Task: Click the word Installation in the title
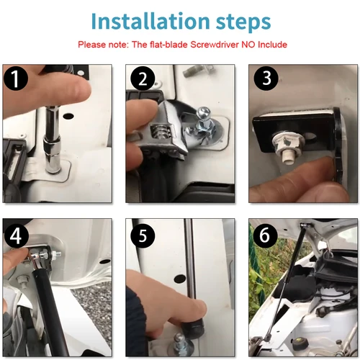(x=150, y=21)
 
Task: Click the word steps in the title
(x=243, y=23)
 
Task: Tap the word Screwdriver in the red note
(x=215, y=45)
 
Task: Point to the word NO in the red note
(x=248, y=45)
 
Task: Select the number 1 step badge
(x=16, y=78)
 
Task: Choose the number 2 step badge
(x=143, y=78)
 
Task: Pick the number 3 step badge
(x=266, y=78)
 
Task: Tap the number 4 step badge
(x=16, y=236)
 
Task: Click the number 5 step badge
(x=143, y=235)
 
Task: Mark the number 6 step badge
(x=265, y=235)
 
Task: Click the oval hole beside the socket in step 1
(x=68, y=117)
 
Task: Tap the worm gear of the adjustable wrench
(x=161, y=132)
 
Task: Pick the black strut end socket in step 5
(x=193, y=328)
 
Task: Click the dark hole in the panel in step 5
(x=180, y=279)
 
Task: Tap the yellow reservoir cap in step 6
(x=299, y=341)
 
